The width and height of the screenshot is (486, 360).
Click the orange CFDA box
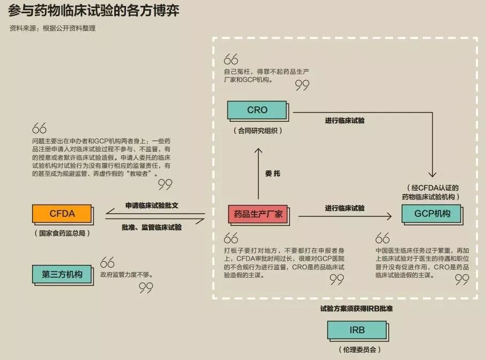pos(62,214)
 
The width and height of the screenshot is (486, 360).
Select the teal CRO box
pos(257,111)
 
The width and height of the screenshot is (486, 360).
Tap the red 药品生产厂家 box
pos(258,215)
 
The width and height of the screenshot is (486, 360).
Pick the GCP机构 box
pos(432,214)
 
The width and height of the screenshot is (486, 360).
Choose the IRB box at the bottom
pos(358,331)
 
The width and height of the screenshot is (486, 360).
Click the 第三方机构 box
pos(62,275)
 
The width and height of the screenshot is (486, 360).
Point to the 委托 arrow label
pos(273,174)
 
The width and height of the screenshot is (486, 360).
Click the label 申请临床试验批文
pos(152,205)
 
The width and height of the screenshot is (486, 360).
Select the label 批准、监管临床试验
pos(152,228)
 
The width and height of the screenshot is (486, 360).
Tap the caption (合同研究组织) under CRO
pos(257,130)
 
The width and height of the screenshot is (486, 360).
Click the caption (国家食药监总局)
pos(62,233)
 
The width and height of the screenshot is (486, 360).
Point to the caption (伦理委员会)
pos(359,349)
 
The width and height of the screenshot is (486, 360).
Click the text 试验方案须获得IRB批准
pos(356,309)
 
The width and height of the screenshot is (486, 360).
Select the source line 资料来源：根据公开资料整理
pos(52,28)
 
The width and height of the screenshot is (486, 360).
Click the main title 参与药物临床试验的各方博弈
pos(93,11)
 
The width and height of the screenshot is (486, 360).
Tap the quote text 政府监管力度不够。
pos(127,275)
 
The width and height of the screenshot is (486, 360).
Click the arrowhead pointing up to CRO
pos(258,151)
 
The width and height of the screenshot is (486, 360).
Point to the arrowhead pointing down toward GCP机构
pos(433,174)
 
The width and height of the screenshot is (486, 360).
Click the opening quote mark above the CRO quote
pos(231,59)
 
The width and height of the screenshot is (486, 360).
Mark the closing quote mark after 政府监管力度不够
pos(146,288)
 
